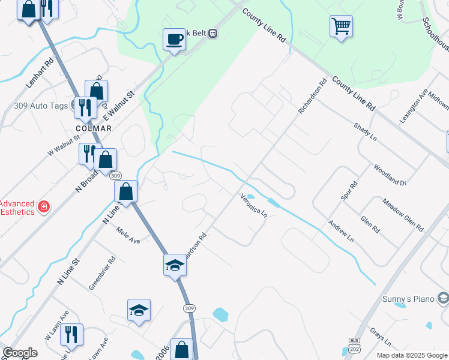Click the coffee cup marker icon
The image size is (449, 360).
(x=174, y=40)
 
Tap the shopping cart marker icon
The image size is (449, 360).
(x=341, y=26)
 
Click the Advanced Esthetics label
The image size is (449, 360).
(x=18, y=208)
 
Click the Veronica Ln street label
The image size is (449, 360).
(x=253, y=205)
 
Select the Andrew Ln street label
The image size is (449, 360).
(x=341, y=232)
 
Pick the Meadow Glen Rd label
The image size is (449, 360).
(x=403, y=215)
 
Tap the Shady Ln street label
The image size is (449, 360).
(x=365, y=132)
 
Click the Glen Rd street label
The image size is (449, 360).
(x=370, y=225)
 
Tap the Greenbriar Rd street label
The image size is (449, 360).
(x=102, y=275)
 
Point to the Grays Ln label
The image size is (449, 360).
(x=381, y=337)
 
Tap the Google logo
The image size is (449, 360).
(x=20, y=353)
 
